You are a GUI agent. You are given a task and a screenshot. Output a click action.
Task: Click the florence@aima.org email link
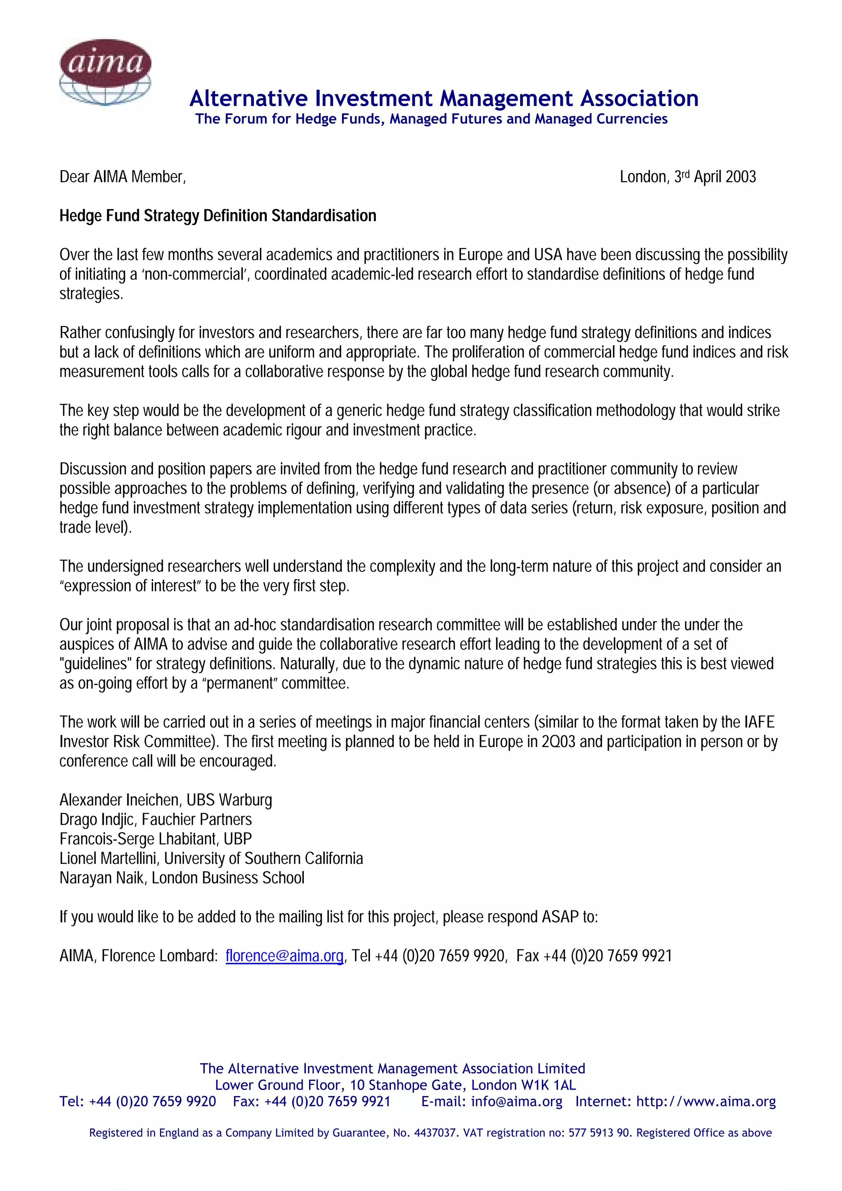284,956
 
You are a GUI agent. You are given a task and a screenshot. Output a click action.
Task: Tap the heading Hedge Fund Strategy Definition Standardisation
218,216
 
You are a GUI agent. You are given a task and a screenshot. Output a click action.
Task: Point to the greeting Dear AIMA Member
123,177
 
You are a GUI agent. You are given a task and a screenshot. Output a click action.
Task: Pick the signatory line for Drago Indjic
156,819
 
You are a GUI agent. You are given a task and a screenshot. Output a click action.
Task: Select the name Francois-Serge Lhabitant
137,839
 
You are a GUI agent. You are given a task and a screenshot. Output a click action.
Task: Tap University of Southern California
264,859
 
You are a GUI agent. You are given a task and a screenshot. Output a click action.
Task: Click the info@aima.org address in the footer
516,1101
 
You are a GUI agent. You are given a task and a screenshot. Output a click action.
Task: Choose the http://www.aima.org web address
706,1101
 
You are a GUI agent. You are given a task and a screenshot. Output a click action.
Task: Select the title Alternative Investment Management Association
444,99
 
